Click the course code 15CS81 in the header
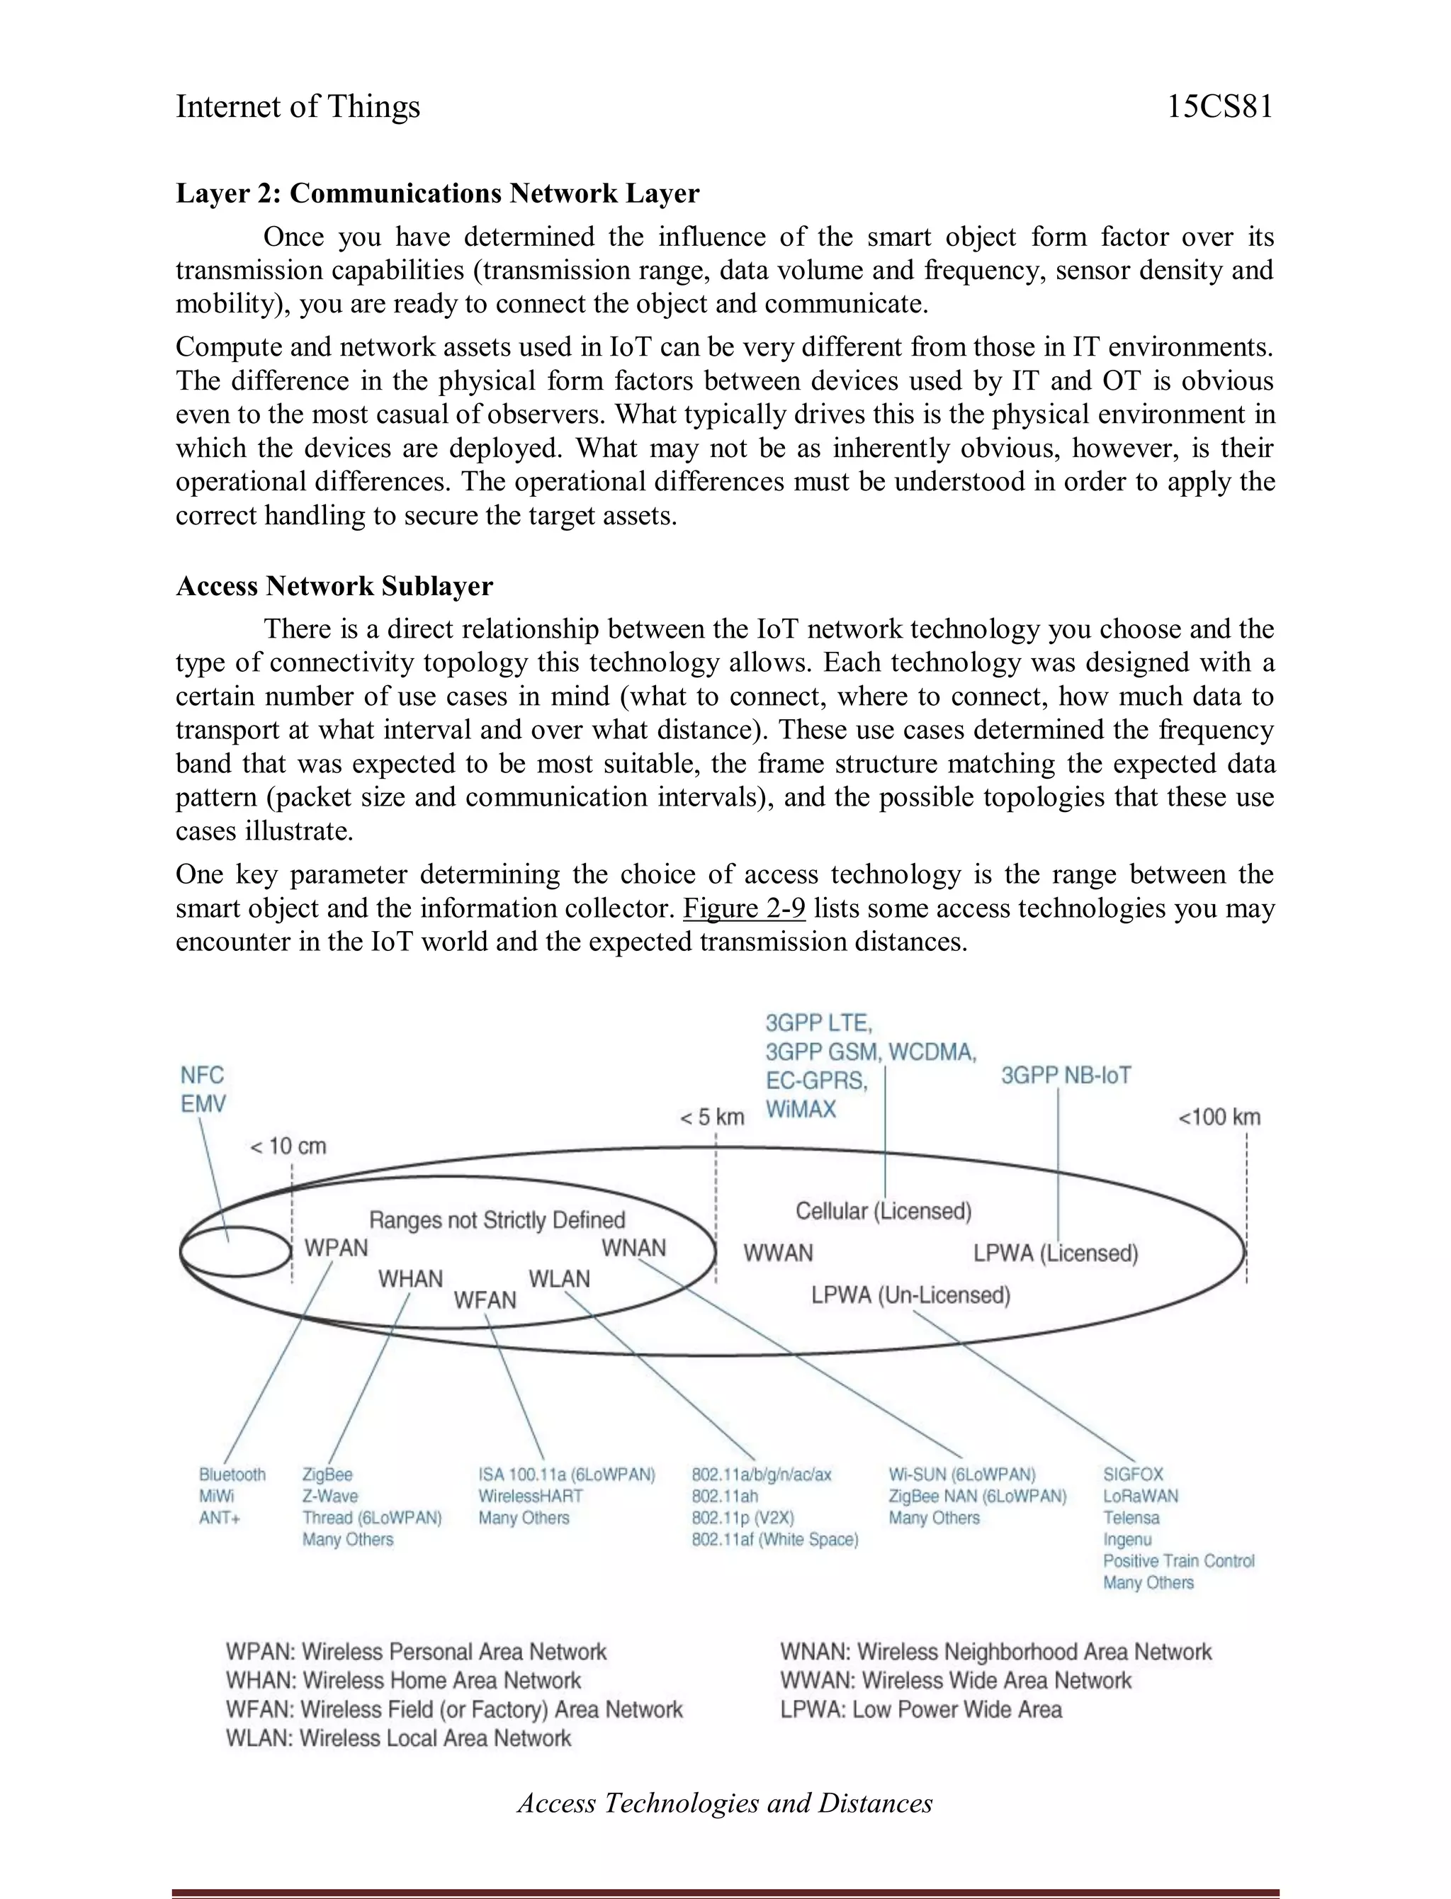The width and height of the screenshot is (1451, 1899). point(1219,107)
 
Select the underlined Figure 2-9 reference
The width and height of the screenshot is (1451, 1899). point(744,908)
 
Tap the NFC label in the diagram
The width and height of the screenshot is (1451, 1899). point(201,1075)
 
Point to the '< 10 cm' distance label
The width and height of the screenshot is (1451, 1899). point(288,1146)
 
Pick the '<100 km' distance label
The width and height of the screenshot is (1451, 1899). point(1219,1117)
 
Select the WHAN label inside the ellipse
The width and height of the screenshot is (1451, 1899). point(410,1279)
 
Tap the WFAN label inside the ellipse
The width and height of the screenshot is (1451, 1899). point(485,1300)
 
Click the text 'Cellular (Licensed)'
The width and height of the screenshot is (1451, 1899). point(883,1211)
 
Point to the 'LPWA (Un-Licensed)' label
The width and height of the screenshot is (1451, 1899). point(910,1295)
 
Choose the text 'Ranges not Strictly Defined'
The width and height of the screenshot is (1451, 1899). point(497,1220)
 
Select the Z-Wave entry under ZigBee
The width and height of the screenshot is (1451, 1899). point(330,1496)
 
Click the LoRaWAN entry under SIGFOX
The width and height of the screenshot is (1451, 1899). point(1140,1496)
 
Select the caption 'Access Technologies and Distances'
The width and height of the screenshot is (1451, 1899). point(725,1803)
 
